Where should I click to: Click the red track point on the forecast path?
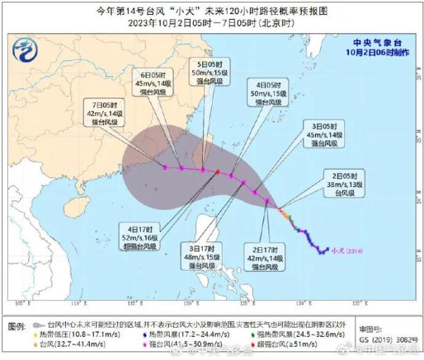(x=218, y=172)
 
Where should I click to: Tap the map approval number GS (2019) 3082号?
(x=378, y=338)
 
